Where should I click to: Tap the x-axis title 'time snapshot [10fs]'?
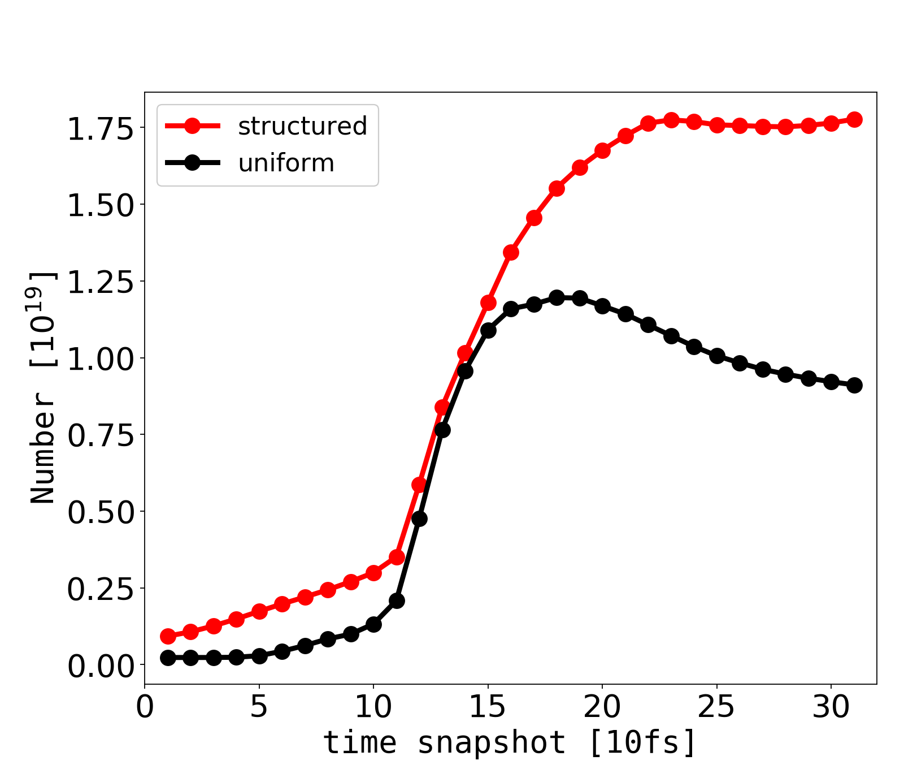coord(510,742)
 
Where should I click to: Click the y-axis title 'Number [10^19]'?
coord(43,387)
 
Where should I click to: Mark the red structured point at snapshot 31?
coord(854,119)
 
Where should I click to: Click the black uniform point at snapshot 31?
coord(854,385)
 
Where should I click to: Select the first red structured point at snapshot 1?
coord(168,636)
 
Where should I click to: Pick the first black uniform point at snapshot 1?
coord(168,658)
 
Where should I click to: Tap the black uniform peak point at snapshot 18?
coord(557,297)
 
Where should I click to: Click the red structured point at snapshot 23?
coord(671,120)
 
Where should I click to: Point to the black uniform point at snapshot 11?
coord(397,600)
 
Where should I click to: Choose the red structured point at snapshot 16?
coord(511,252)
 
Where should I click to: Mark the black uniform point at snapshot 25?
coord(717,356)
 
